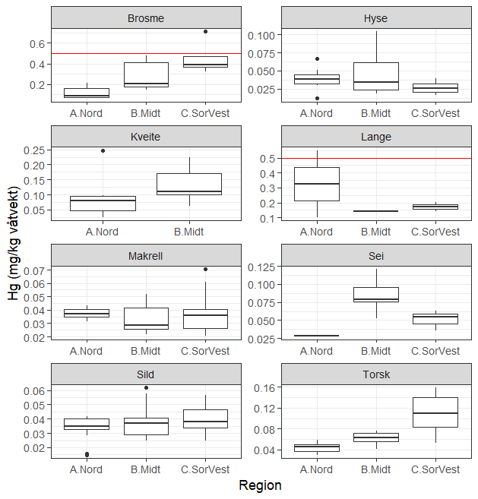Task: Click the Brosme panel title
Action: (x=146, y=18)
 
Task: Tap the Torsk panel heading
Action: (x=376, y=374)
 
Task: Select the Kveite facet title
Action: (x=146, y=137)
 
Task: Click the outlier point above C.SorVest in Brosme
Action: (x=205, y=31)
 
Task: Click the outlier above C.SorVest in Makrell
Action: (x=205, y=269)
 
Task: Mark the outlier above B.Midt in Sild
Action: (x=146, y=387)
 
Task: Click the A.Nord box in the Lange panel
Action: (x=317, y=184)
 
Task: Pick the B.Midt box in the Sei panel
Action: (x=376, y=294)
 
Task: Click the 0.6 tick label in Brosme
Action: (x=36, y=43)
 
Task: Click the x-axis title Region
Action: (x=260, y=485)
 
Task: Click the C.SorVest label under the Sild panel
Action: (x=205, y=469)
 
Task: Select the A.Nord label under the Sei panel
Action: (x=317, y=351)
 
